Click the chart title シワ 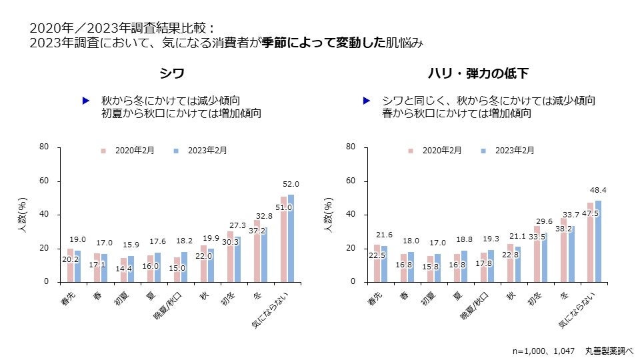(171, 73)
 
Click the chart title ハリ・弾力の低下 (479, 73)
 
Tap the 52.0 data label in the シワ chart (291, 184)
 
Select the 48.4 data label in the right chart (598, 190)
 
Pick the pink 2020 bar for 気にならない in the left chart (283, 239)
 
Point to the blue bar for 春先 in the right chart (384, 264)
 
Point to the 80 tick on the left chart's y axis (45, 147)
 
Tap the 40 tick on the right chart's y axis (351, 215)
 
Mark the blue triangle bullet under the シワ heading (85, 101)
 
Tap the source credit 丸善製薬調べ (609, 350)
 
